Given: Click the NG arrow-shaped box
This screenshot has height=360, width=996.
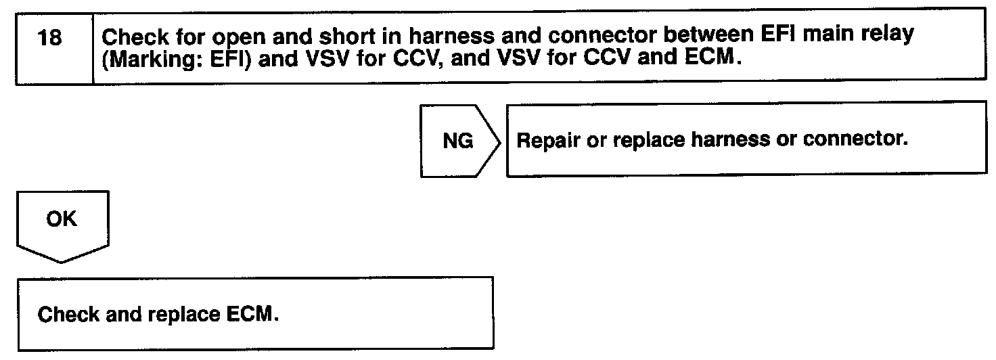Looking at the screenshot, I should tap(460, 141).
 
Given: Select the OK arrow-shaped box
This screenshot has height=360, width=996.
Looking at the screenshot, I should tap(61, 224).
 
